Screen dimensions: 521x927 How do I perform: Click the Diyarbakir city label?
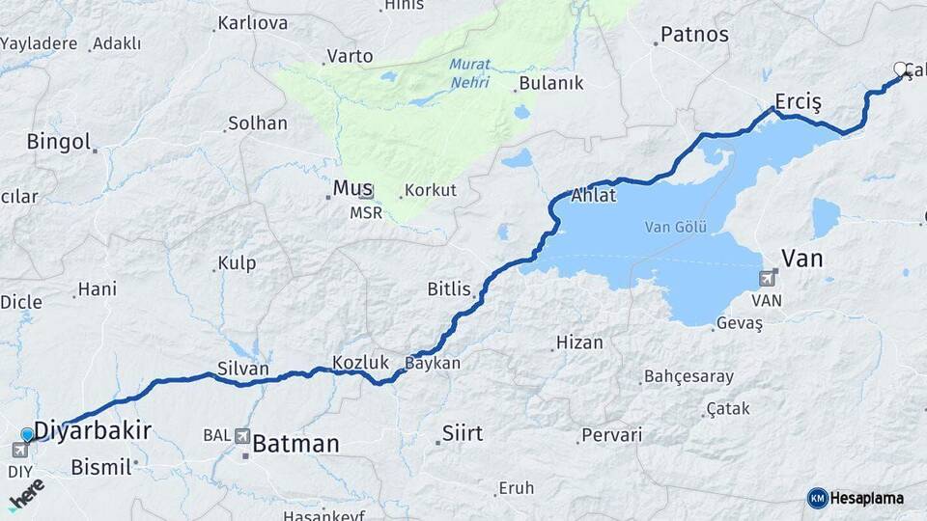click(x=93, y=430)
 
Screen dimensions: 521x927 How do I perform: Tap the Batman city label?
click(x=295, y=444)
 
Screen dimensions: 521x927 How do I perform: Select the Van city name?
click(x=801, y=258)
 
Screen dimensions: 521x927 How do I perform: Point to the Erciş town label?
click(x=798, y=102)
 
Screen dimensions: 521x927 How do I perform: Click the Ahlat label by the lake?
click(x=593, y=195)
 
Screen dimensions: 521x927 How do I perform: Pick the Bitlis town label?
click(x=449, y=288)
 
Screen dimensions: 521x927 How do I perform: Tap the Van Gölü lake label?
click(x=676, y=228)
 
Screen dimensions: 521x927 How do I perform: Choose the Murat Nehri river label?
click(x=469, y=73)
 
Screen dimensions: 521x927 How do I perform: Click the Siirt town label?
click(x=462, y=431)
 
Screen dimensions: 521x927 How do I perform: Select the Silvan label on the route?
click(x=243, y=369)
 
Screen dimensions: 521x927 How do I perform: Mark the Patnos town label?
click(x=693, y=36)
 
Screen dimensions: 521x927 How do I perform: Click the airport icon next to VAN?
click(x=768, y=279)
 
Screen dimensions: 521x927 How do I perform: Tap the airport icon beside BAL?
click(x=241, y=436)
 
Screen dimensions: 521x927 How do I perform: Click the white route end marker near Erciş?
click(x=902, y=69)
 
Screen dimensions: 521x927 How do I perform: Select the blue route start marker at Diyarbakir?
click(x=28, y=435)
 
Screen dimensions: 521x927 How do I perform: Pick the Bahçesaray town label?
click(x=688, y=376)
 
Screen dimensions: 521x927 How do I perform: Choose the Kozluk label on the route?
click(x=360, y=363)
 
